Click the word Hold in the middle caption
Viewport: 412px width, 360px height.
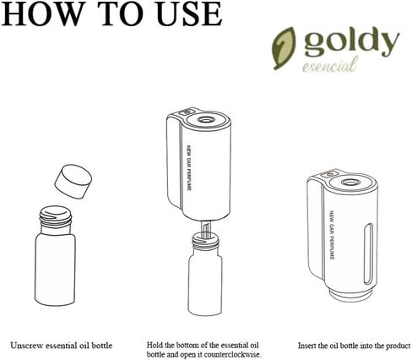coord(154,346)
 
